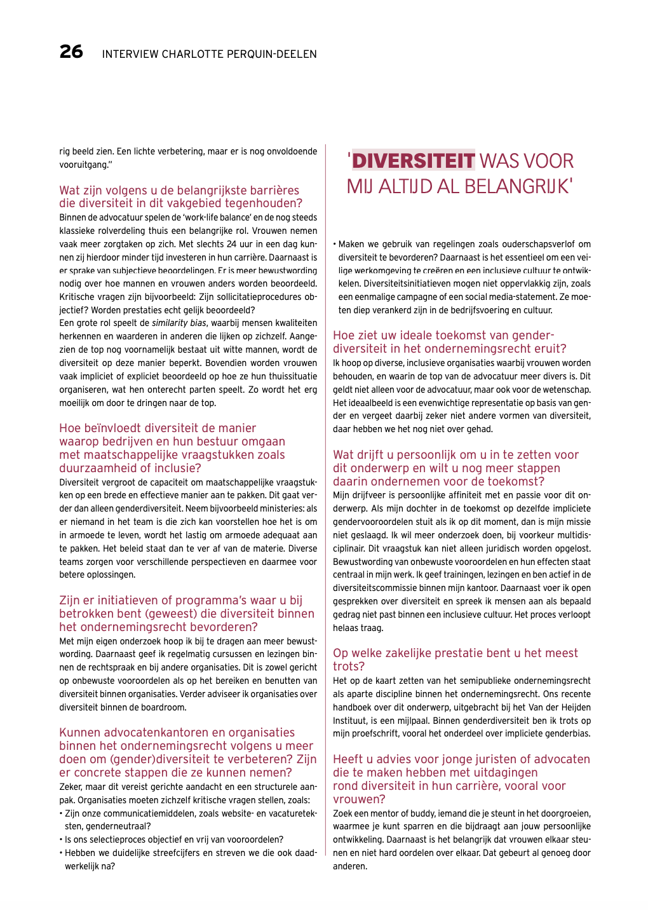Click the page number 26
[x=71, y=51]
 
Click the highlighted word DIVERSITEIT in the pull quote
[x=413, y=161]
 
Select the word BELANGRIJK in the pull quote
[x=517, y=186]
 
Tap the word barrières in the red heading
[x=270, y=191]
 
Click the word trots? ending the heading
[x=349, y=667]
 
